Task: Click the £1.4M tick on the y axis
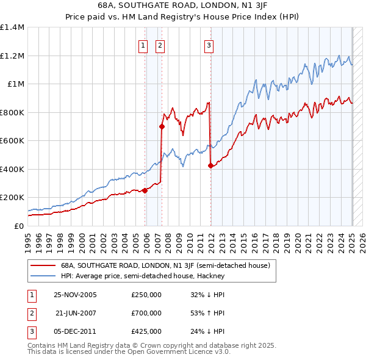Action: point(12,27)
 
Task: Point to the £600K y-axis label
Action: point(12,141)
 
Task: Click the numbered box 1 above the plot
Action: point(143,44)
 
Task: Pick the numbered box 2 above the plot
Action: point(160,44)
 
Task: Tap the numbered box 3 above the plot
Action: point(209,44)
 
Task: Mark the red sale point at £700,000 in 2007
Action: point(162,127)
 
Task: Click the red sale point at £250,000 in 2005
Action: point(145,190)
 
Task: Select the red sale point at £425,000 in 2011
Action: point(210,165)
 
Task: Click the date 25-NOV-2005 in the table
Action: point(76,295)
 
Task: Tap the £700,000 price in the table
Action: point(146,313)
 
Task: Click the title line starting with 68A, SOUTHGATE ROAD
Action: point(183,5)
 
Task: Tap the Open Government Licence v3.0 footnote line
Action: point(129,352)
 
